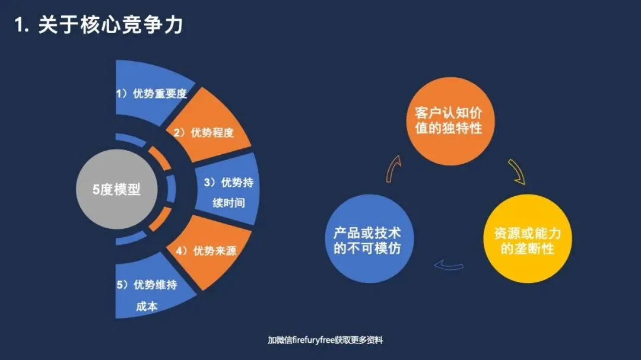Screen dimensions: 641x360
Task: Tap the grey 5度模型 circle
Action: pos(116,190)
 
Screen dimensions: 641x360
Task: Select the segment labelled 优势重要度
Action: pos(151,94)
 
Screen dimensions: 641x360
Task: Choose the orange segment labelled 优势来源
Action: pos(208,252)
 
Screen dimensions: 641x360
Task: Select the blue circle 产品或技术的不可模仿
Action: pos(367,240)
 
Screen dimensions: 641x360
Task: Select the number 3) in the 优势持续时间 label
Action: pos(210,183)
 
